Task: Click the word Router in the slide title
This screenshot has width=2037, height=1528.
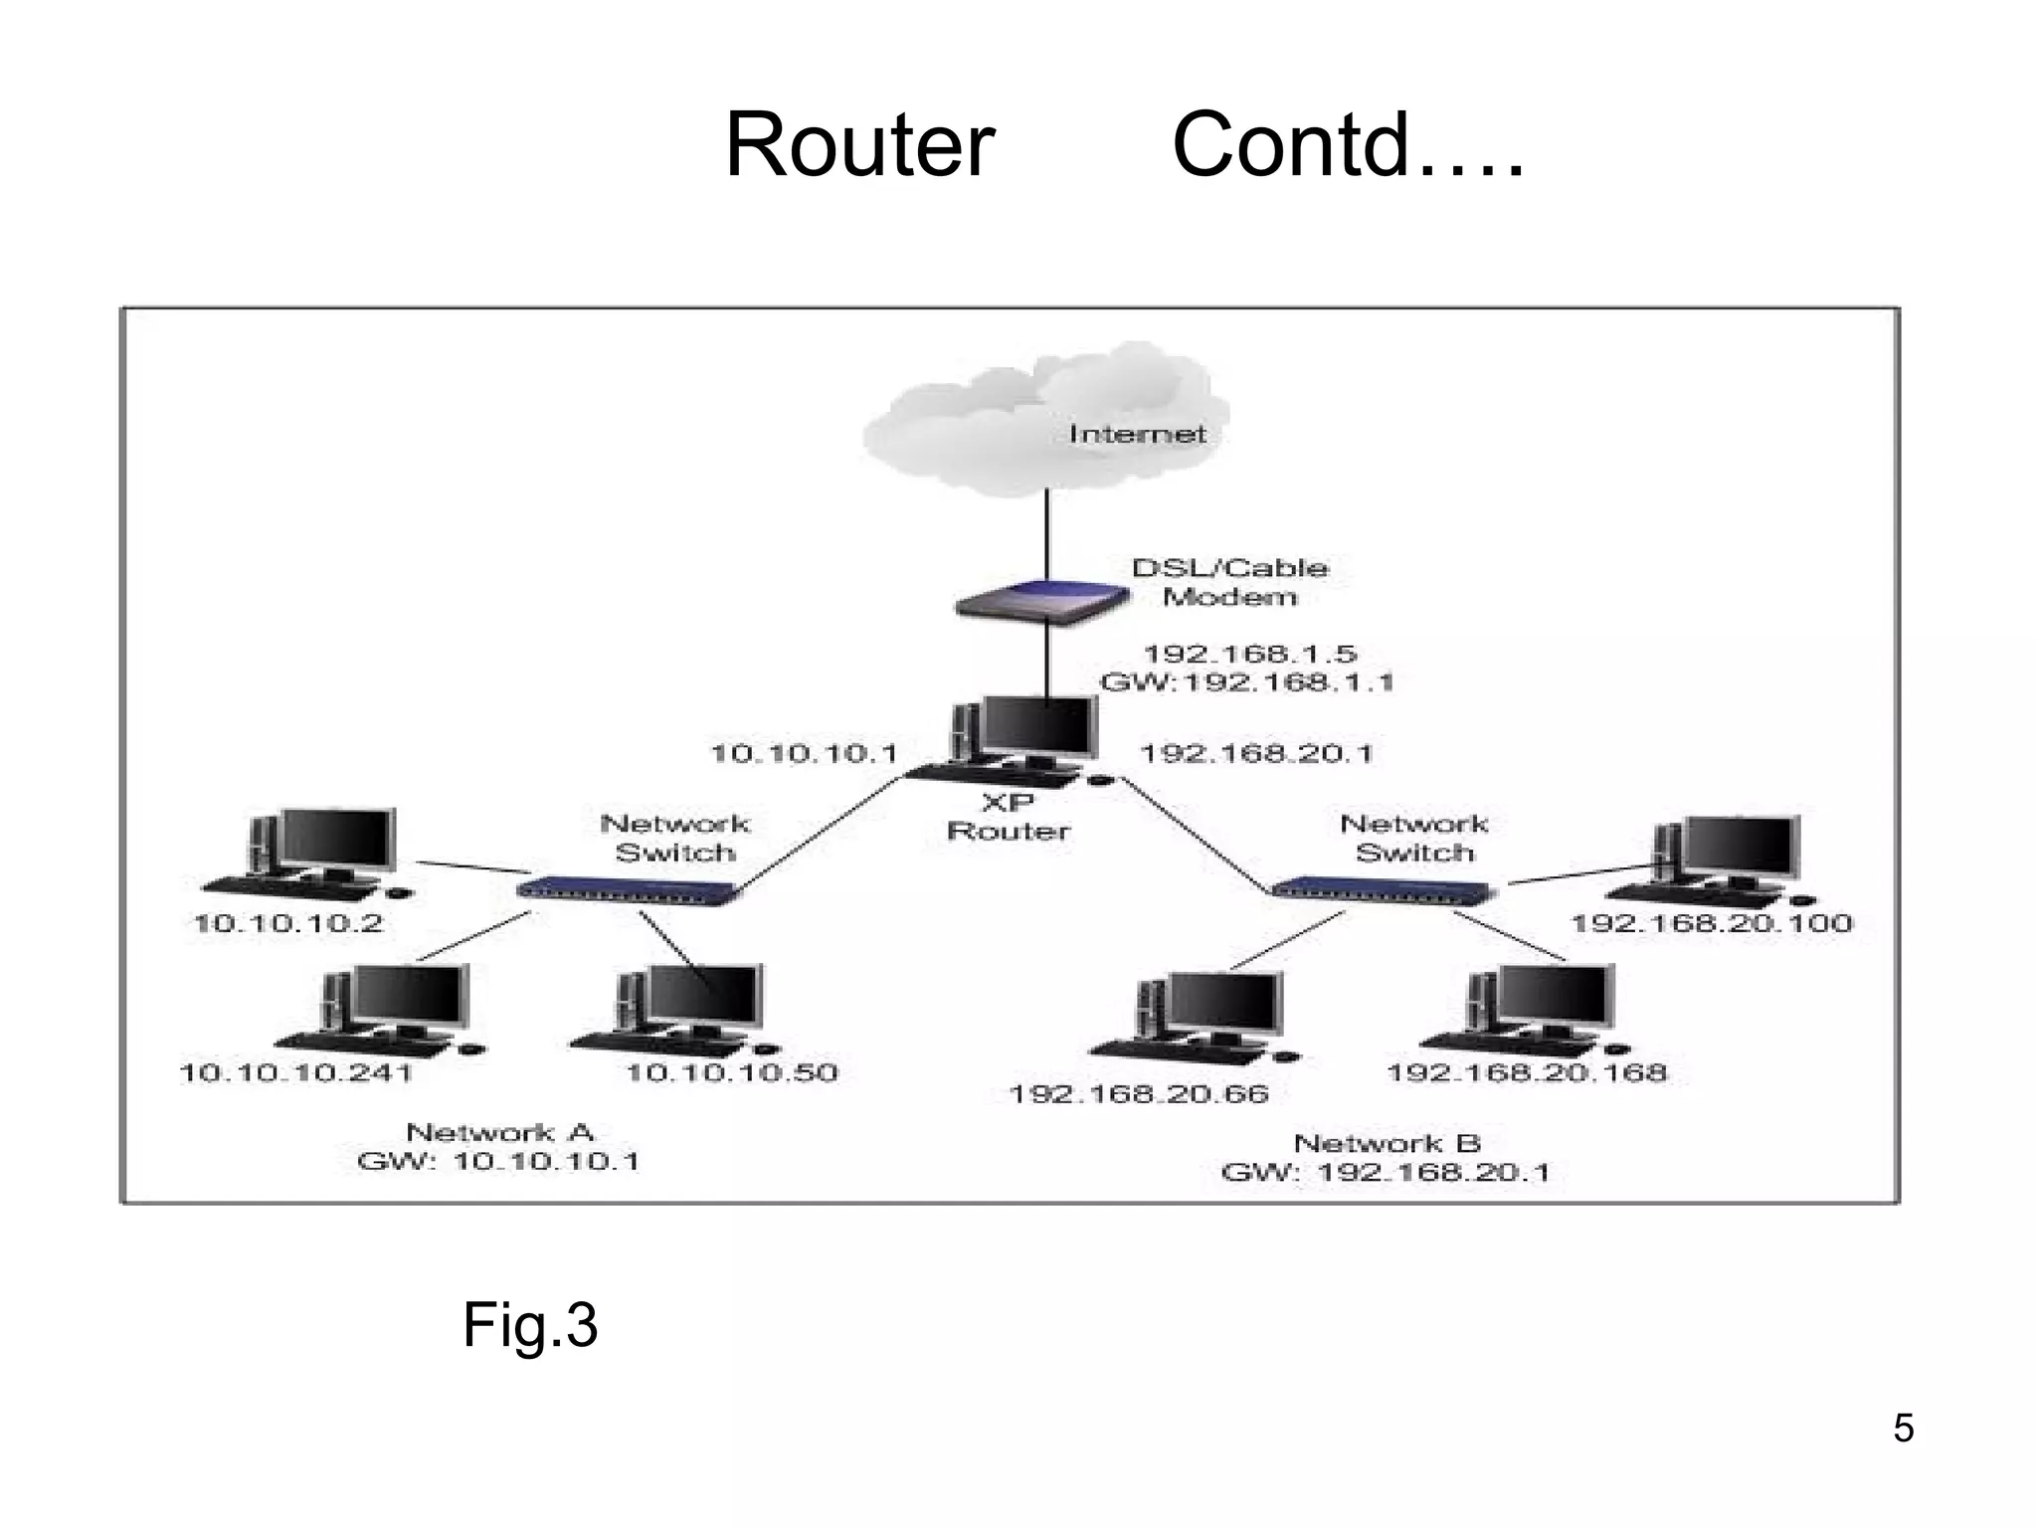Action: (859, 145)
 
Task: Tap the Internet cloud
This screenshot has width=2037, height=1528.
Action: (1044, 423)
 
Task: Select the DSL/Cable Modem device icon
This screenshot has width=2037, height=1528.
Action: (1042, 602)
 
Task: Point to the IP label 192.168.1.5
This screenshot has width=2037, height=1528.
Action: (1249, 654)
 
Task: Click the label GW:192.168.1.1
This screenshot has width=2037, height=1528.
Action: (1246, 682)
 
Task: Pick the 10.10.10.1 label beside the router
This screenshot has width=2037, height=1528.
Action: (804, 753)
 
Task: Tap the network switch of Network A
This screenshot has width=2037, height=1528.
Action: (629, 888)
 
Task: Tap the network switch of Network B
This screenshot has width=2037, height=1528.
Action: (1383, 888)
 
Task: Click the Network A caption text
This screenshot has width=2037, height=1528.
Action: (499, 1132)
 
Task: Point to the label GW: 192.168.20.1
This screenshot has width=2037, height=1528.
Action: (1385, 1173)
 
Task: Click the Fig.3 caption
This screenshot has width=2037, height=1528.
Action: (529, 1325)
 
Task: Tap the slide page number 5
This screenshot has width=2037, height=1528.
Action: (1903, 1429)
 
